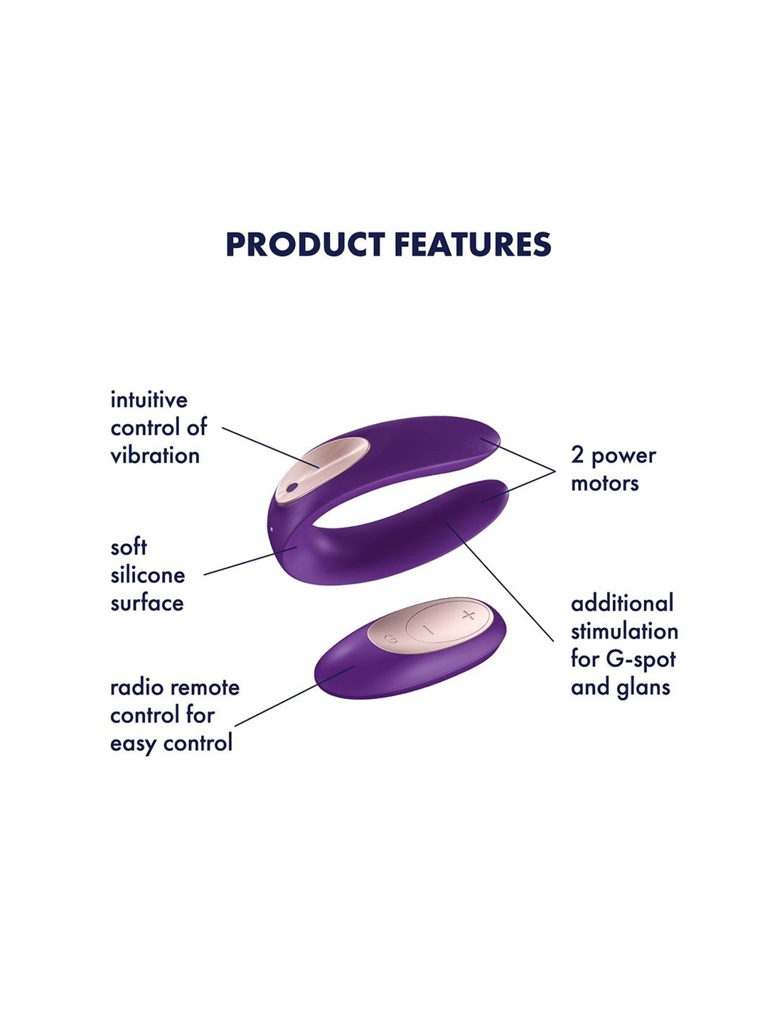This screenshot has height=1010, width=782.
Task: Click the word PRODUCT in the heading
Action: click(x=305, y=244)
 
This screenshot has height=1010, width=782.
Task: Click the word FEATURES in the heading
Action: click(x=473, y=244)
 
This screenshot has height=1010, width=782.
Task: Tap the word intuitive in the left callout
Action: click(x=149, y=400)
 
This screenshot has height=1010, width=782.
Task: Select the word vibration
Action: click(x=155, y=455)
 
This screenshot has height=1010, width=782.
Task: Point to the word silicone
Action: click(x=147, y=575)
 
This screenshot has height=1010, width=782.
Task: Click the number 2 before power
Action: click(x=577, y=456)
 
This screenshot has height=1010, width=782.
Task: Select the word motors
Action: click(x=605, y=484)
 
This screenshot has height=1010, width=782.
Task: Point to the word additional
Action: click(x=622, y=603)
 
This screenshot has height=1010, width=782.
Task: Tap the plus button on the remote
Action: click(x=468, y=616)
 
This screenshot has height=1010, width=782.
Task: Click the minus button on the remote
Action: click(x=429, y=630)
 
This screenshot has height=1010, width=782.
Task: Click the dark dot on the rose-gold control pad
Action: click(x=291, y=487)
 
